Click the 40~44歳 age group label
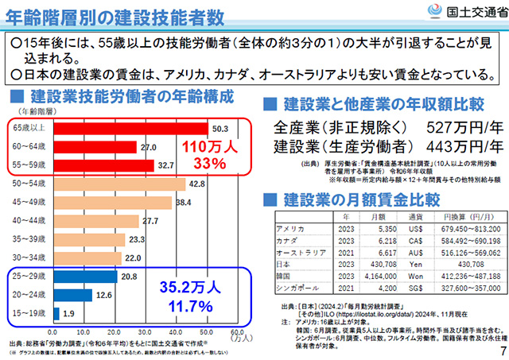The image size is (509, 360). [32, 220]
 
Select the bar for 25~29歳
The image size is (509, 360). [84, 276]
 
